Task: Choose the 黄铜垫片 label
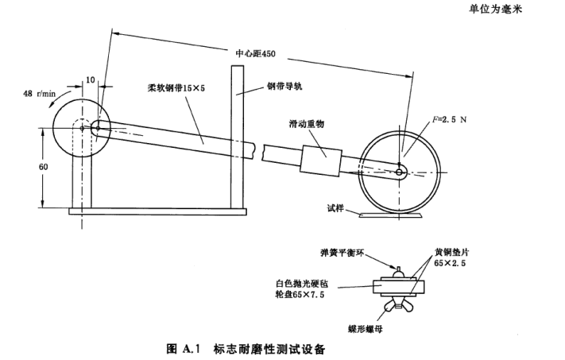[x=438, y=249]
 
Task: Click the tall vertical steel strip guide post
[x=237, y=135]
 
